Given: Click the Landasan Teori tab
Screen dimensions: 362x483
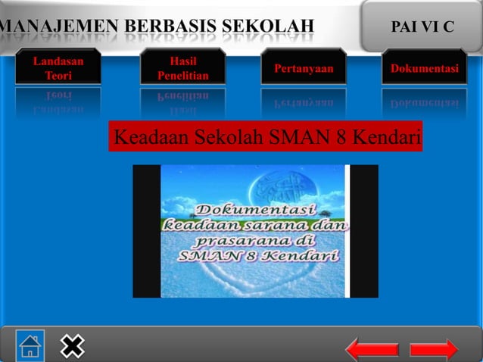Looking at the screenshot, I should pos(58,67).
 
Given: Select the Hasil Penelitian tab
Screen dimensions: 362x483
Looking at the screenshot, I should pos(182,67).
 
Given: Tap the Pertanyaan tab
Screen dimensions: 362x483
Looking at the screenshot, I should pos(303,69).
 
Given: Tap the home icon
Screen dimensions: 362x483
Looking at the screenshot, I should pos(30,345).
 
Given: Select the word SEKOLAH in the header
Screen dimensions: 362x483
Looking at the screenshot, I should pos(270,28).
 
